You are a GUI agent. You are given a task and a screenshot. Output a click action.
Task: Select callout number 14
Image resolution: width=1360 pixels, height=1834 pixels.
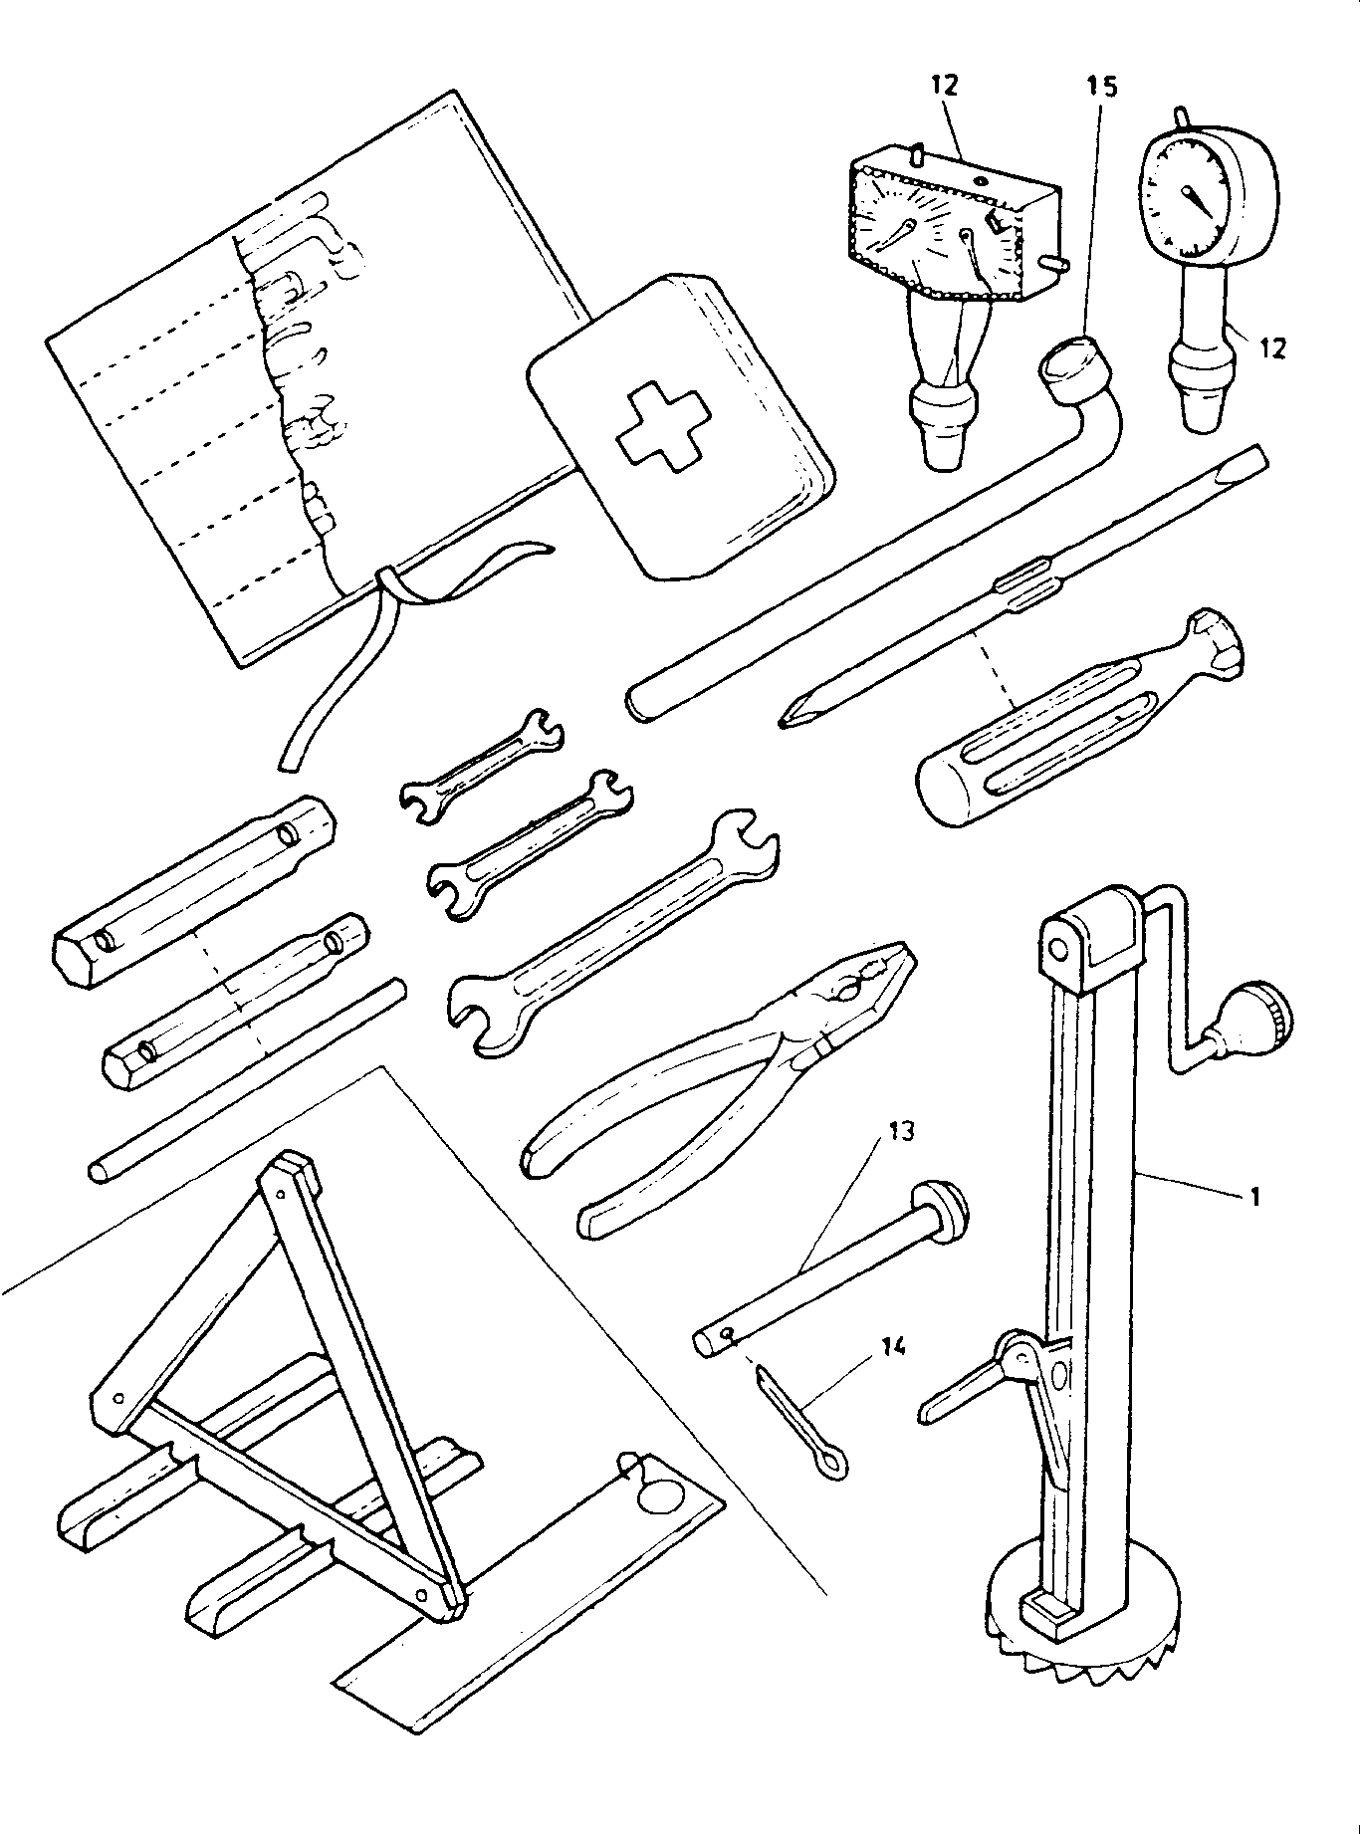(894, 1347)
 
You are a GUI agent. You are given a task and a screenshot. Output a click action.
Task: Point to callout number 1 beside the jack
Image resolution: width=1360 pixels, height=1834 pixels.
(1254, 1196)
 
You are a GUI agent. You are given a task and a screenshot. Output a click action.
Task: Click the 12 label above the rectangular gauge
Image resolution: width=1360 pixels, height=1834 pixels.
(944, 86)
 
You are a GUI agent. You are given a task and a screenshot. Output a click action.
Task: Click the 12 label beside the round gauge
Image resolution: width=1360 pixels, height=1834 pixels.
(1271, 347)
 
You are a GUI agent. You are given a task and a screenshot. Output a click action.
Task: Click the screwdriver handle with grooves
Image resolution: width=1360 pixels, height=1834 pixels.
(1035, 741)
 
